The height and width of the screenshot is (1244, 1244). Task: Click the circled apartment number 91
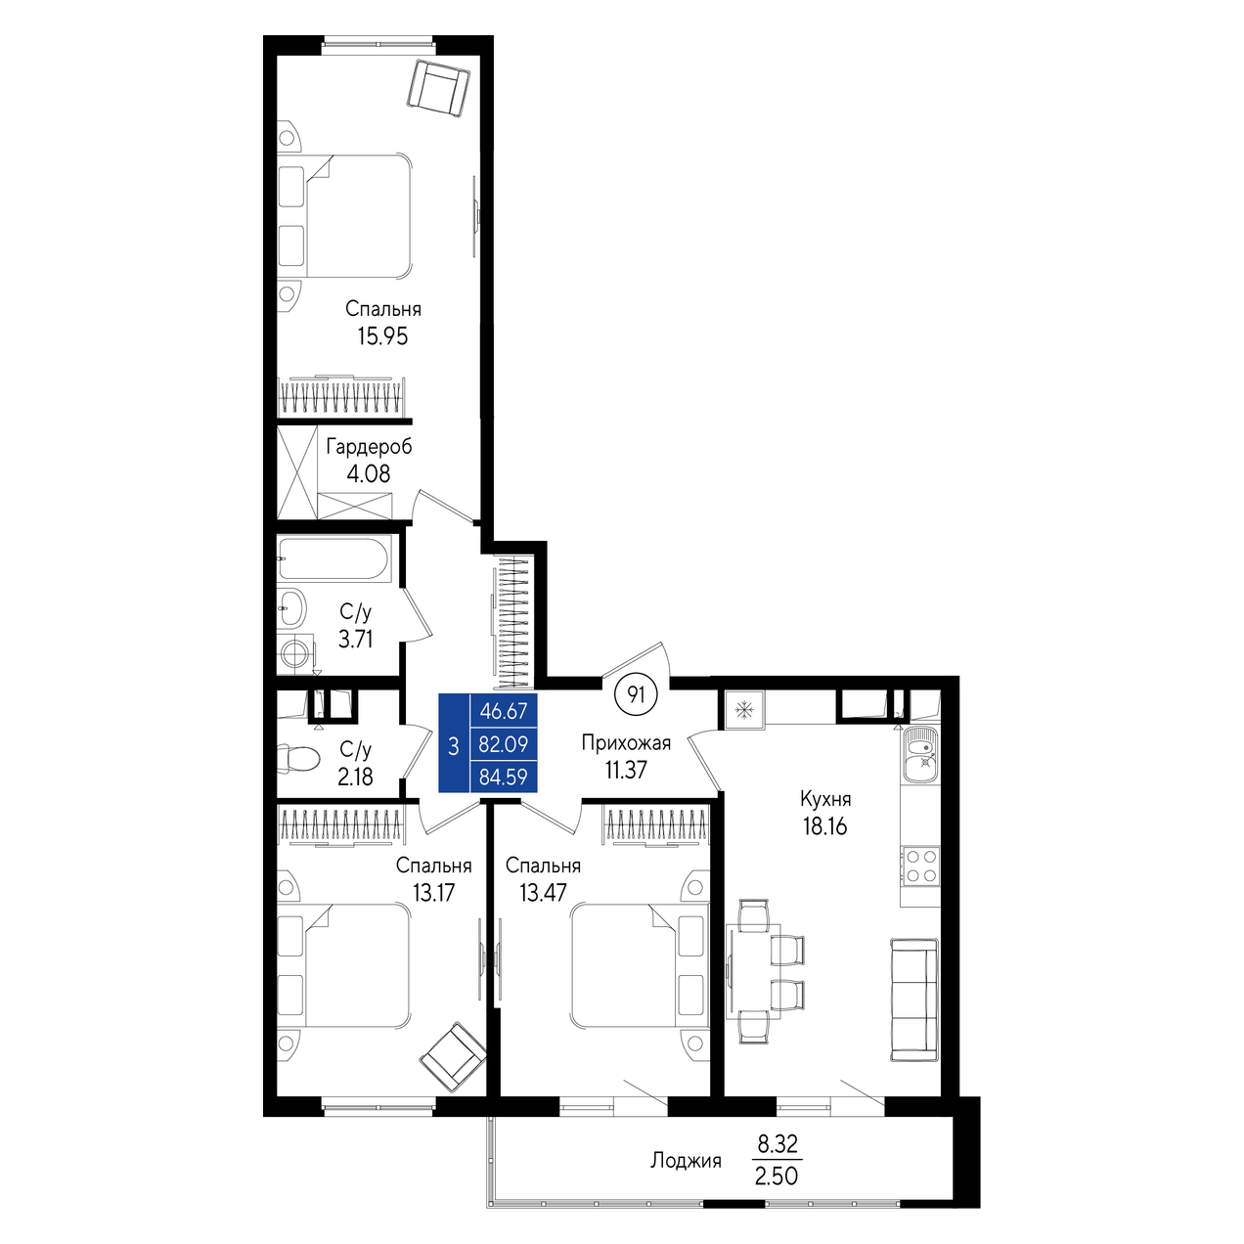tap(636, 694)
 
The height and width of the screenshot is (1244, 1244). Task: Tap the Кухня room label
tap(825, 799)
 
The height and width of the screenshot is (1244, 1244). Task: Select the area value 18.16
tap(824, 826)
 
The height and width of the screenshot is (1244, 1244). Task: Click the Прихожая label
tap(626, 743)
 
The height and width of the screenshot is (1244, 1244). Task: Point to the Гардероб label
tap(369, 446)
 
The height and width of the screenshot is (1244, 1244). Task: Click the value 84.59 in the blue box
tap(503, 777)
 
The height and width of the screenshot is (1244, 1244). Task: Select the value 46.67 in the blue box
tap(503, 711)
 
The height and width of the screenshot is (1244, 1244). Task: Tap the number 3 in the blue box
tap(453, 746)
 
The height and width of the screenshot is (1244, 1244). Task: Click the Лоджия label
tap(686, 1161)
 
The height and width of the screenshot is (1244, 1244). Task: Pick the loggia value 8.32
tap(777, 1144)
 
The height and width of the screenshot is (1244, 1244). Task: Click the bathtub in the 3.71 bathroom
tap(333, 558)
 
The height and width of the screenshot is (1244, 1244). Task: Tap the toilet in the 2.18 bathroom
tap(297, 757)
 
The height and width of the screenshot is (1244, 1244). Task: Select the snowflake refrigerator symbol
tap(744, 710)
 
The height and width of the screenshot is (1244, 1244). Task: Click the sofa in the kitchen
tap(914, 1000)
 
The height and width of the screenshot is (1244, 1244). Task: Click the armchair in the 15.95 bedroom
tap(438, 88)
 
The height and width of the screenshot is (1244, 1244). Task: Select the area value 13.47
tap(543, 893)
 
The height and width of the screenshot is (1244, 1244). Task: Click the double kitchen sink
tap(920, 755)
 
